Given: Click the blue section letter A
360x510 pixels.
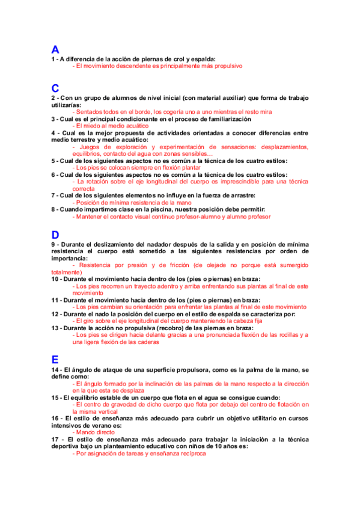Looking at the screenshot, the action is tap(55, 50).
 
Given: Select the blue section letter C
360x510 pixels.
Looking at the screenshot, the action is tap(55, 88).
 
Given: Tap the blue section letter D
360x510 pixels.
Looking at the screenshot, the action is tap(55, 235).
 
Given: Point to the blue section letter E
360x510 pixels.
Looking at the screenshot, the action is tap(55, 359).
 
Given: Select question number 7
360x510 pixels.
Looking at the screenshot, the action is tap(53, 195).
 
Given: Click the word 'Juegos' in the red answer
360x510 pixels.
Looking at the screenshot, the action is tap(90, 147).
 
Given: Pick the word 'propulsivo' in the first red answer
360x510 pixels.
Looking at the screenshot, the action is tap(224, 66).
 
